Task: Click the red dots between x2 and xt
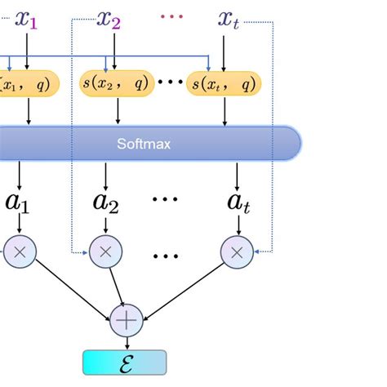[x=171, y=16]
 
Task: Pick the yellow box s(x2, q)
[x=113, y=82]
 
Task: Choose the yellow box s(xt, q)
[x=224, y=82]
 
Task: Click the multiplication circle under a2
[x=105, y=252]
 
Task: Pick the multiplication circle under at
[x=237, y=252]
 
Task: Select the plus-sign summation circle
[x=127, y=321]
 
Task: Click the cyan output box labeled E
[x=125, y=362]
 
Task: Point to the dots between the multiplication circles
[x=166, y=255]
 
